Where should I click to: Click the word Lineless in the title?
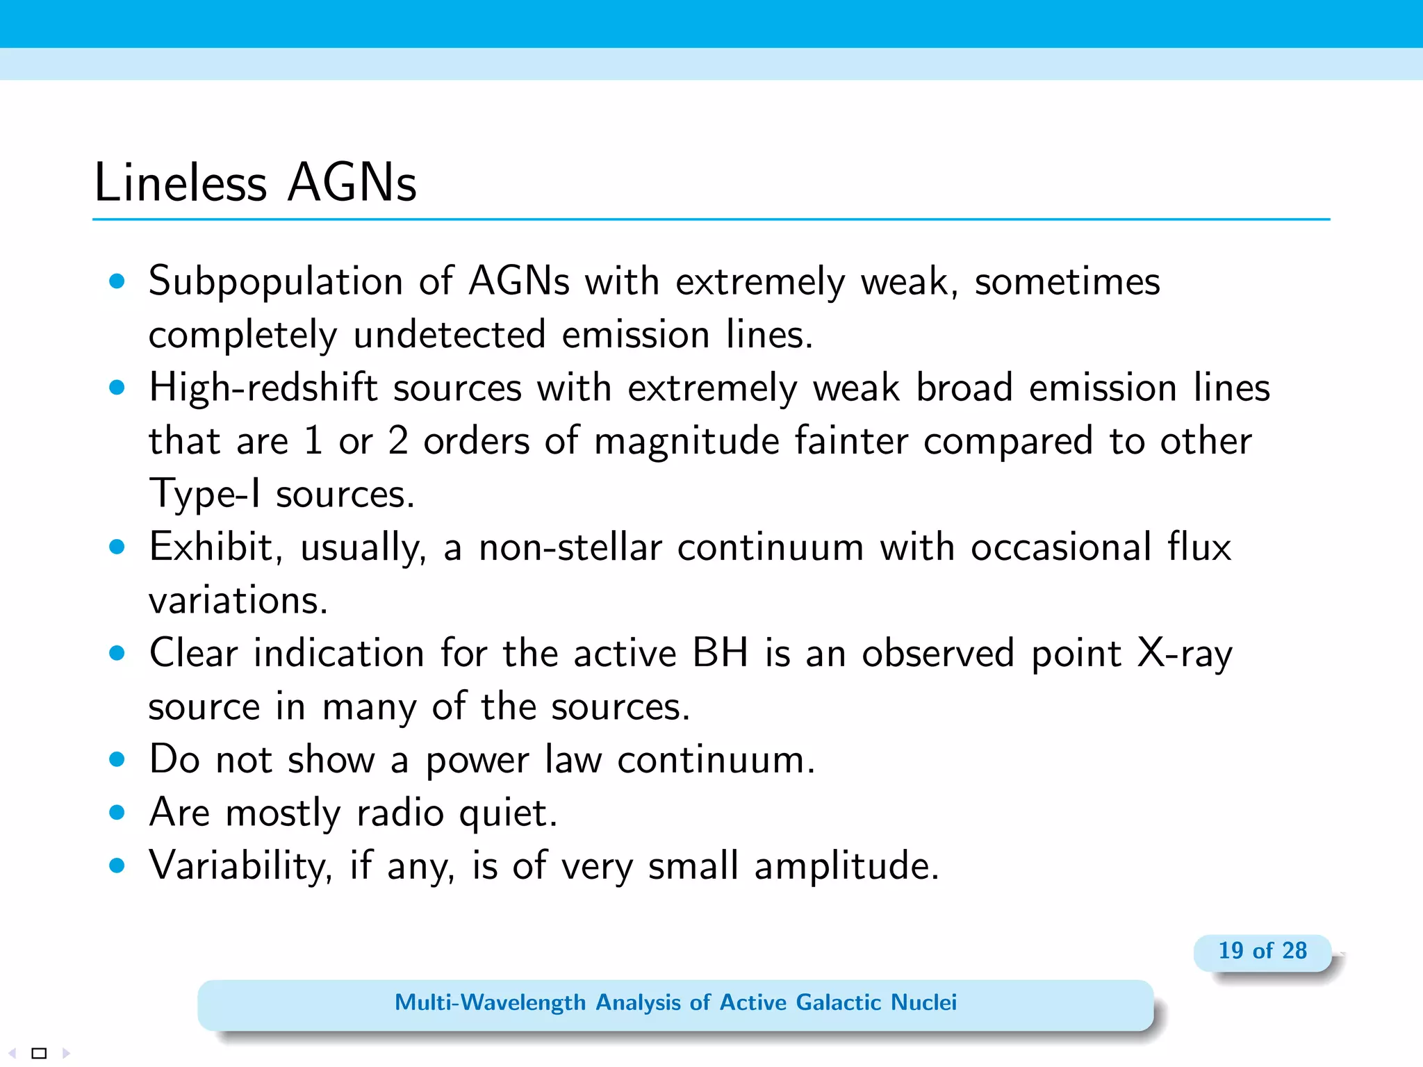180,183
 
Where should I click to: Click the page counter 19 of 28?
1262,950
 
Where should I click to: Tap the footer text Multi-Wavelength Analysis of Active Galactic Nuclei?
675,1002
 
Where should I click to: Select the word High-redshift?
263,388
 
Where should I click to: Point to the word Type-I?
204,495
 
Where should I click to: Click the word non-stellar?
570,547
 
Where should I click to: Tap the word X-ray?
1184,654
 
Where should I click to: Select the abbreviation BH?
720,653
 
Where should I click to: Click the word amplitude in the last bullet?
846,867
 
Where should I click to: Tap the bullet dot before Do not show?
117,759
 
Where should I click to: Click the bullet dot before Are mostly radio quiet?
117,812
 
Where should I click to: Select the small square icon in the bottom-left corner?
40,1053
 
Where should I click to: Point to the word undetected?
449,335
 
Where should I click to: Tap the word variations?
238,600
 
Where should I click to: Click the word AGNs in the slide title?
352,183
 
